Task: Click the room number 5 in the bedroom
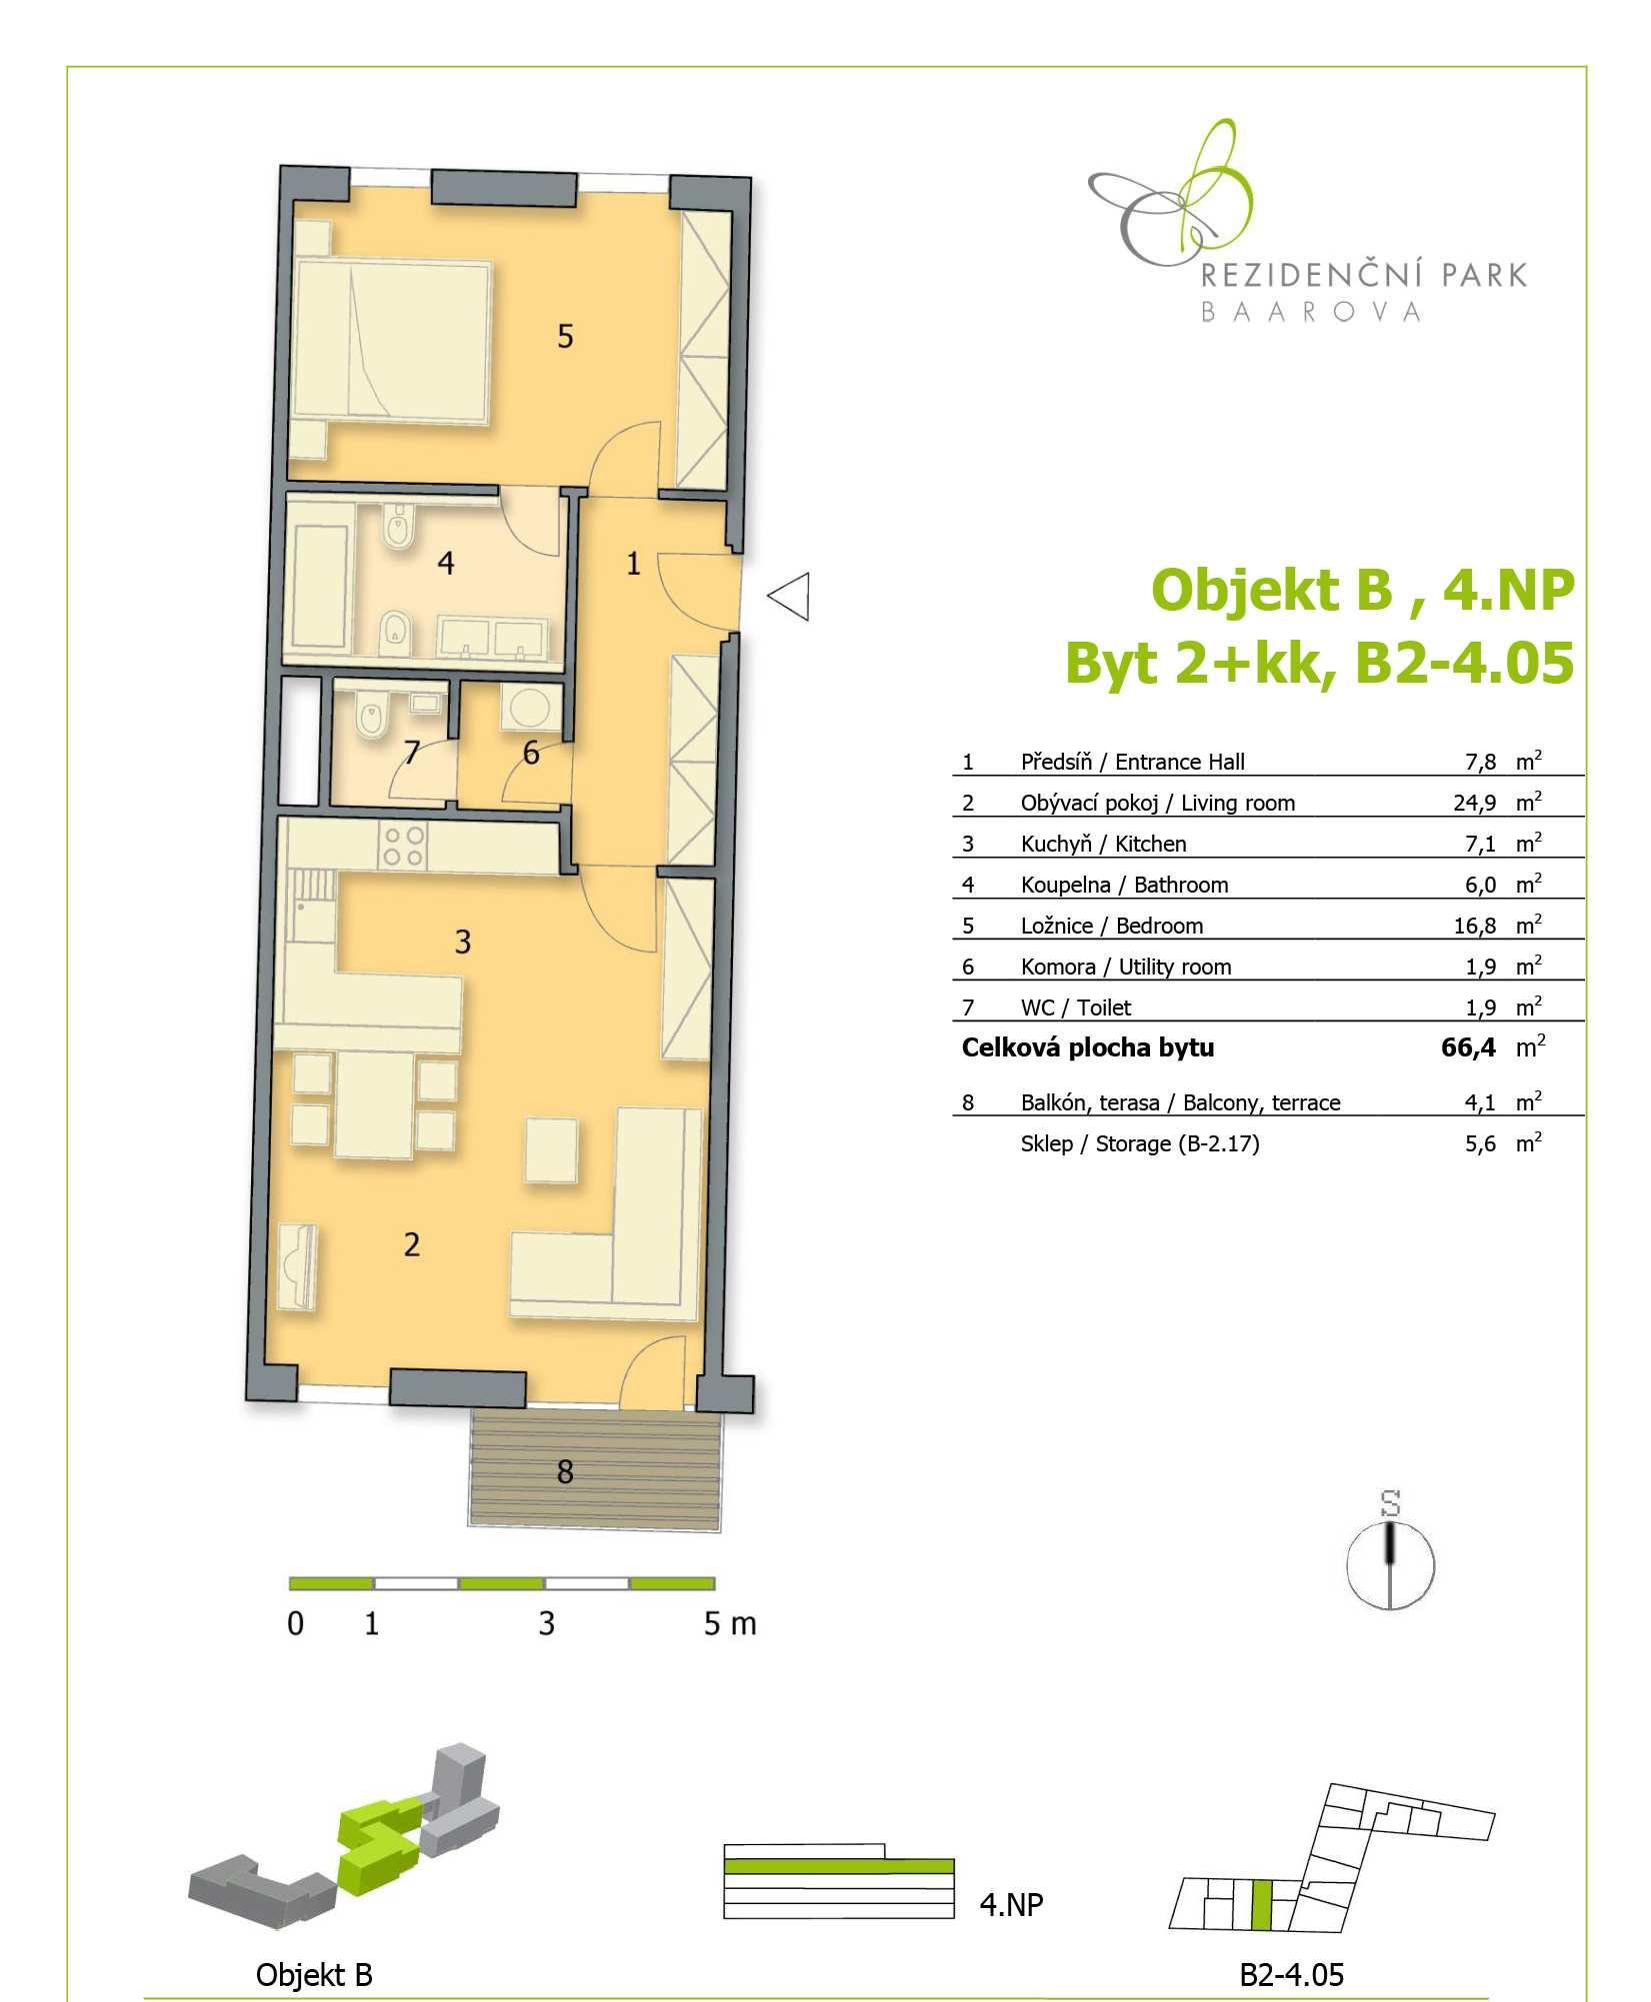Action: tap(565, 336)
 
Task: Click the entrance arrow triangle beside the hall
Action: tap(789, 597)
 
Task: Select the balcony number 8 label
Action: tap(565, 1471)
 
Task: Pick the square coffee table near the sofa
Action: tap(551, 1150)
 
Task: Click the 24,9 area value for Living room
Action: tap(1475, 803)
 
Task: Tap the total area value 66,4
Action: tap(1469, 1047)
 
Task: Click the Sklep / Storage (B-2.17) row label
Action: tap(1140, 1143)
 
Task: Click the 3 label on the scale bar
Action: tap(546, 1623)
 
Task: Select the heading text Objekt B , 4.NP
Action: tap(1363, 590)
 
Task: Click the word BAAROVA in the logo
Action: tap(1310, 312)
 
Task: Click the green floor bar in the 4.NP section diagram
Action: tap(838, 1866)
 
